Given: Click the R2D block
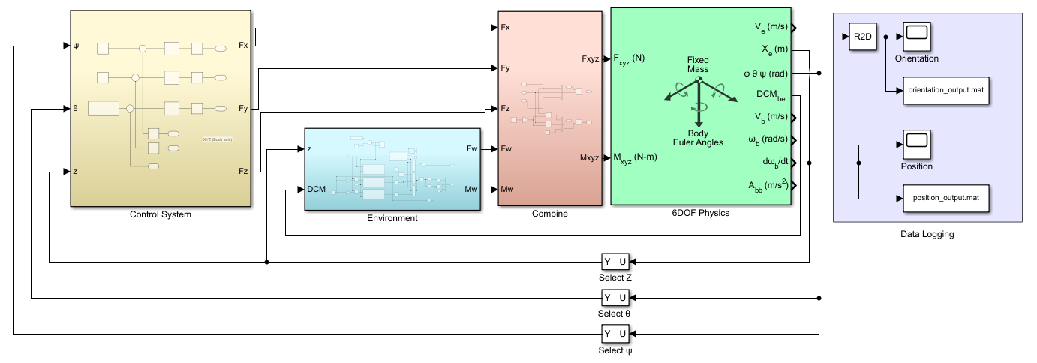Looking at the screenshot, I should click(x=863, y=37).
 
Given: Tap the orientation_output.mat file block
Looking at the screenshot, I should click(x=945, y=90).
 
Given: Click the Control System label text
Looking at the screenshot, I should click(x=161, y=215).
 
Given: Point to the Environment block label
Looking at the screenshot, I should click(x=392, y=218).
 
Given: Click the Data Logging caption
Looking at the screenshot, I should click(x=927, y=235).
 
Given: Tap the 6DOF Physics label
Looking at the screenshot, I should click(x=700, y=213).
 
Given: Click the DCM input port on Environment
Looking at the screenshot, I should click(x=317, y=189).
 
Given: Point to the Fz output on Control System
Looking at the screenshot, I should click(x=242, y=172).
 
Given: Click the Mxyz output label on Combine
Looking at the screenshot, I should click(x=589, y=157).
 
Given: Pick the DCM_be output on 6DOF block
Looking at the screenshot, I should click(x=772, y=95).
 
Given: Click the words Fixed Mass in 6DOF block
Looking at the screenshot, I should click(x=698, y=64).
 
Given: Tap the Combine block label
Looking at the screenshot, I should click(x=550, y=214).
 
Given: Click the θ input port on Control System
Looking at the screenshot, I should click(x=76, y=109).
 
